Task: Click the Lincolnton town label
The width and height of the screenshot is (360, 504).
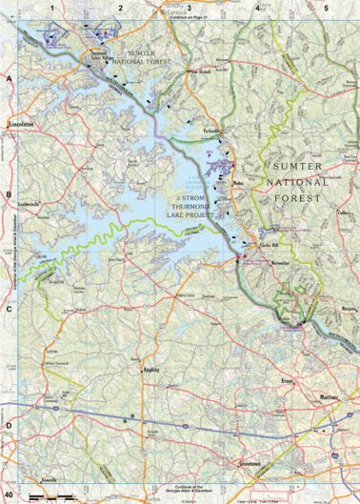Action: [x=21, y=123]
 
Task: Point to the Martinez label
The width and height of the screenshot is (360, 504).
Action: [x=329, y=395]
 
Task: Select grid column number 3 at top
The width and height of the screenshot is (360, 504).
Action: [x=190, y=8]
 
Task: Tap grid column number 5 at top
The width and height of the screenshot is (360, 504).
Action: [x=327, y=8]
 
